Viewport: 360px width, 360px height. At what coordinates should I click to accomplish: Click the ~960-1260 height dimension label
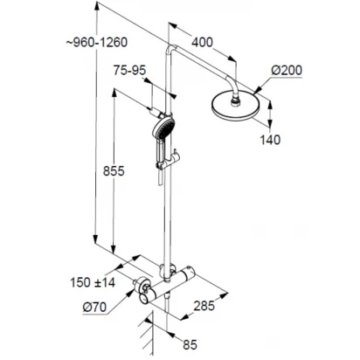[x=97, y=43]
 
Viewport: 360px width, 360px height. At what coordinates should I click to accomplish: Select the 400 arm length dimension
[x=202, y=43]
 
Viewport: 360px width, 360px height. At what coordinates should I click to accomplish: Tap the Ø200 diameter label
[x=287, y=71]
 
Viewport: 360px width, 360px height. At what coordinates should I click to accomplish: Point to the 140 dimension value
[x=270, y=140]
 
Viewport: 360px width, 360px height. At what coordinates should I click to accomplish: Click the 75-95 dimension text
[x=129, y=70]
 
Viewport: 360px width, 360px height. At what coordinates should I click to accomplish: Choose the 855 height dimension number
[x=114, y=171]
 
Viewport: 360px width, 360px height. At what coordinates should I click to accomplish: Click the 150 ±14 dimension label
[x=93, y=282]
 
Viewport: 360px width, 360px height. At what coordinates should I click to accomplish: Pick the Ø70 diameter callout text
[x=94, y=308]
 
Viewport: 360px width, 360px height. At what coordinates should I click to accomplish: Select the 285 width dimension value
[x=204, y=306]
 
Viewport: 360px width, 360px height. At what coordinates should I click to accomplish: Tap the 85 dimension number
[x=190, y=345]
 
